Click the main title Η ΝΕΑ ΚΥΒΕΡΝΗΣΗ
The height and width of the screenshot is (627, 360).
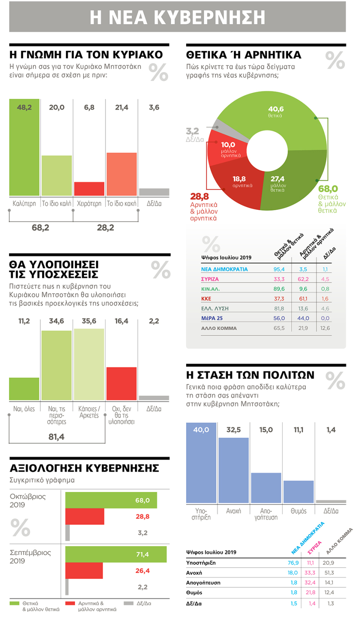[178, 17]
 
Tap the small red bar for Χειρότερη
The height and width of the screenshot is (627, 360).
[89, 189]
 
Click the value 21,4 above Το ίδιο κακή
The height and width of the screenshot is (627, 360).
[122, 108]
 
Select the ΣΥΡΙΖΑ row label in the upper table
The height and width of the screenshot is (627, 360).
[210, 279]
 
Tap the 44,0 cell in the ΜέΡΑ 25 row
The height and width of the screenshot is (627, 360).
[304, 318]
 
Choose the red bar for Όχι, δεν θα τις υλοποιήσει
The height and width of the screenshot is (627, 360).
[122, 383]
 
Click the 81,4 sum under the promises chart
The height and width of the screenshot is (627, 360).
[56, 437]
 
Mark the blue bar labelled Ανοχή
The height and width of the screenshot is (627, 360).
[234, 470]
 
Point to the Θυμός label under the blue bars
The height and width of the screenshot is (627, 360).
[298, 511]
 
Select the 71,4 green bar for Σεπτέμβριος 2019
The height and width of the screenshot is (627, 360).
[116, 554]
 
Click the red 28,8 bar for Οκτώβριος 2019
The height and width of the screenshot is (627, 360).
[85, 517]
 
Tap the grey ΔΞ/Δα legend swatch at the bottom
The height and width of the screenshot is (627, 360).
[128, 603]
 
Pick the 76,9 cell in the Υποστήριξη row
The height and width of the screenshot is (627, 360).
[293, 563]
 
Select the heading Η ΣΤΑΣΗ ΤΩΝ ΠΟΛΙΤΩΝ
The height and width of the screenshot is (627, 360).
[250, 375]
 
